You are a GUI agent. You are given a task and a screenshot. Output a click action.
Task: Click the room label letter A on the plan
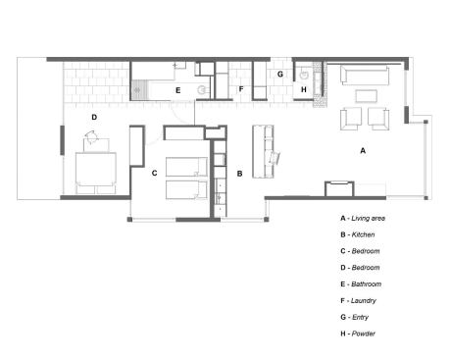tap(363, 151)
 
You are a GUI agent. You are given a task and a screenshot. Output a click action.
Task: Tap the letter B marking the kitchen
tap(239, 174)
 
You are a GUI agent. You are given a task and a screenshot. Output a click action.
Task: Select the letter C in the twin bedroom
tap(154, 174)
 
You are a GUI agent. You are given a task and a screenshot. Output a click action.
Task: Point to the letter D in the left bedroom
tap(94, 117)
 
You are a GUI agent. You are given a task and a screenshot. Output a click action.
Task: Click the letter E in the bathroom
tap(177, 90)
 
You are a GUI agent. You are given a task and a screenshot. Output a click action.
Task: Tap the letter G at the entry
tap(279, 74)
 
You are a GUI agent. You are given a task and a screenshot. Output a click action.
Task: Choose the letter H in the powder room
tap(303, 90)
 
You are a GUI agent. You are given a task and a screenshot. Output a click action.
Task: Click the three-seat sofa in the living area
tap(365, 76)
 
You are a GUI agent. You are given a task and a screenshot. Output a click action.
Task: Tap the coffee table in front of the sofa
tap(366, 97)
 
